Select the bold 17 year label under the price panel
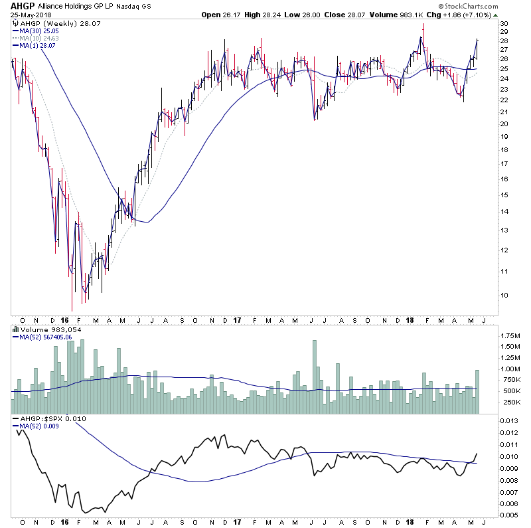(x=237, y=320)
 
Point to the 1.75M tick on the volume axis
(x=510, y=335)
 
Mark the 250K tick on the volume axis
(x=510, y=402)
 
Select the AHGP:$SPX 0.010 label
(x=47, y=419)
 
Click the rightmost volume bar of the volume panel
(x=477, y=392)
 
